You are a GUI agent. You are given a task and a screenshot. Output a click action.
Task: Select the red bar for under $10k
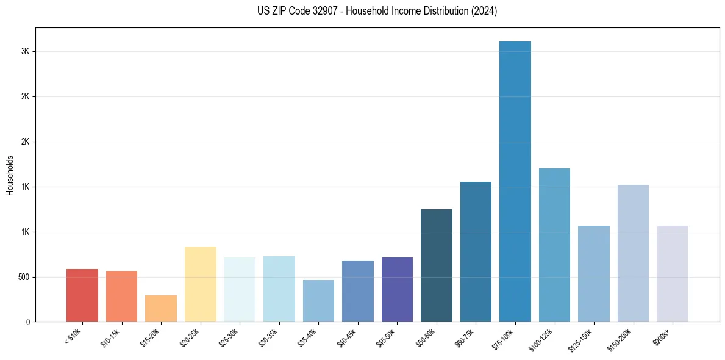(82, 295)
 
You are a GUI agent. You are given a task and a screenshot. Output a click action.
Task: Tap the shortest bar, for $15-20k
(161, 309)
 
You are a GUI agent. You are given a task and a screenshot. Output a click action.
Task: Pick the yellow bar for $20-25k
(200, 284)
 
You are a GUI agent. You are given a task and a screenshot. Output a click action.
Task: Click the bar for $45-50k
(397, 289)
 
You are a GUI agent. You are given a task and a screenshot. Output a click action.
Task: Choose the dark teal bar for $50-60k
(436, 265)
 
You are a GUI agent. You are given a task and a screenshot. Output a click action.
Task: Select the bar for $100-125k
(554, 245)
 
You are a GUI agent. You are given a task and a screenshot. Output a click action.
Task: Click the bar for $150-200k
(633, 253)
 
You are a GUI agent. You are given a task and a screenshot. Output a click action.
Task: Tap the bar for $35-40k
(318, 301)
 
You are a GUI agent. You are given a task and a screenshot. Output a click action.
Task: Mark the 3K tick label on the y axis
(25, 52)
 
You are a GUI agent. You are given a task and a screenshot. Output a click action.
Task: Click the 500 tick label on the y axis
(23, 277)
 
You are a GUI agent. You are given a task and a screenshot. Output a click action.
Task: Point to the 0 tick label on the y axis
(28, 322)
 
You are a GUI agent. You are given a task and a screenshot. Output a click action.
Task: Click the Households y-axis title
(10, 175)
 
